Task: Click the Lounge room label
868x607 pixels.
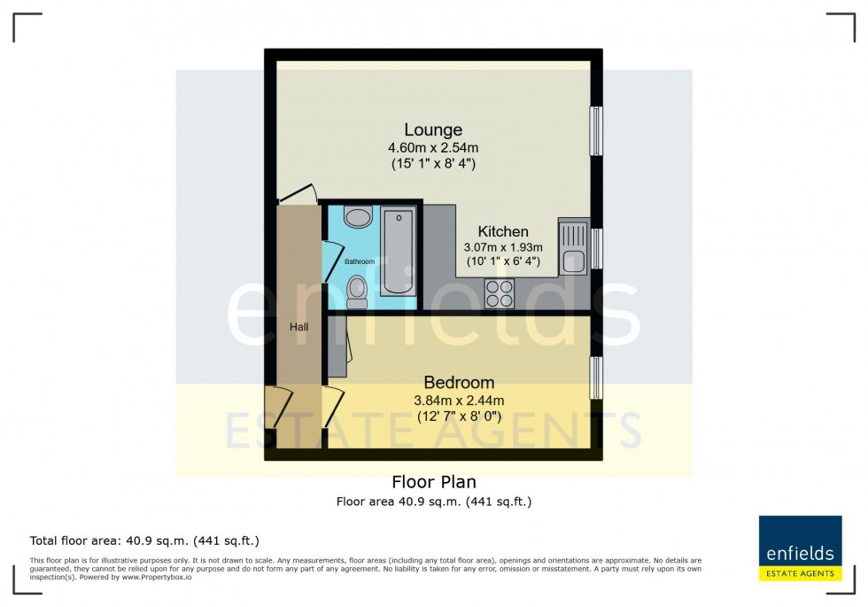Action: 433,130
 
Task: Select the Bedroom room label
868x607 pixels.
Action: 459,383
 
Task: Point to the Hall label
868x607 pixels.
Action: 298,327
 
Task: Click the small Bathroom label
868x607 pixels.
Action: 360,261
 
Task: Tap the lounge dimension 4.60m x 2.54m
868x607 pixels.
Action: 434,148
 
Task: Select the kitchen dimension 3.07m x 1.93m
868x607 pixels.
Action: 502,247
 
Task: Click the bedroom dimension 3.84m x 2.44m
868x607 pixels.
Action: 459,401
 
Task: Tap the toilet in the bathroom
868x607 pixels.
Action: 358,291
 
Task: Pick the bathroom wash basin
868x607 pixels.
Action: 359,217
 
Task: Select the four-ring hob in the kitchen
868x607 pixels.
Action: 500,292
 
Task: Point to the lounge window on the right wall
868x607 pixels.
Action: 596,131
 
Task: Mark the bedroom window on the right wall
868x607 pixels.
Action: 596,377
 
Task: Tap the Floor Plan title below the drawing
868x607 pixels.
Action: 434,482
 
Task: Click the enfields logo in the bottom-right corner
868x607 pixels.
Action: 800,548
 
